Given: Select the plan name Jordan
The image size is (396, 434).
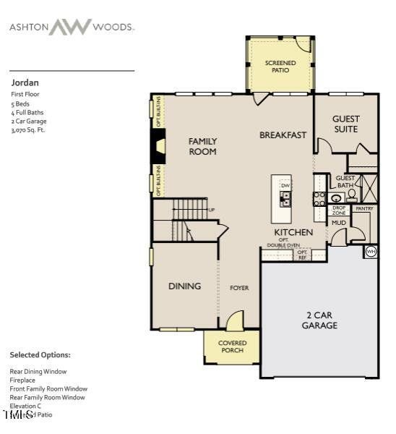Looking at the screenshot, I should [x=25, y=82].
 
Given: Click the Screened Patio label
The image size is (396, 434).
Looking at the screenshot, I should [x=280, y=67].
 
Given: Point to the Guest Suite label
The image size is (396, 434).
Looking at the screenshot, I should [x=345, y=124].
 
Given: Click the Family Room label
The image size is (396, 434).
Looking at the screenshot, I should [x=202, y=146].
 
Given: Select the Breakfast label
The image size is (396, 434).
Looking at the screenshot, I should [x=283, y=135].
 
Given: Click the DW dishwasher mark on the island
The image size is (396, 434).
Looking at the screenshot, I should [x=285, y=185].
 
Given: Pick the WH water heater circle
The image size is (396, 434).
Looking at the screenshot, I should [x=371, y=251].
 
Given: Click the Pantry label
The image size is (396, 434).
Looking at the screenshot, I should [x=364, y=208].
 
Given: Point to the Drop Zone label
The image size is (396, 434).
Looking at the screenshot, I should [x=338, y=210].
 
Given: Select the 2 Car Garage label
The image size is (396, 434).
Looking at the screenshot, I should [x=319, y=320].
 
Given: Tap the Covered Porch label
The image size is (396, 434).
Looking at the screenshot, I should [x=232, y=346].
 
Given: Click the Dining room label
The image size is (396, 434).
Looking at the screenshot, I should [x=184, y=286].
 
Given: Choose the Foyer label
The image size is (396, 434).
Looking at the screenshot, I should [x=239, y=288].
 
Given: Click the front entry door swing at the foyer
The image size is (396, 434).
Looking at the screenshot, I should [x=235, y=320].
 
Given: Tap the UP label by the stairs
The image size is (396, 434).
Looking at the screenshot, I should [x=212, y=210].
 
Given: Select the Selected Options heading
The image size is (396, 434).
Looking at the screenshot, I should [x=40, y=355].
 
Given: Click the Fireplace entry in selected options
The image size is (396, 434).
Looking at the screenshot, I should [x=24, y=380].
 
